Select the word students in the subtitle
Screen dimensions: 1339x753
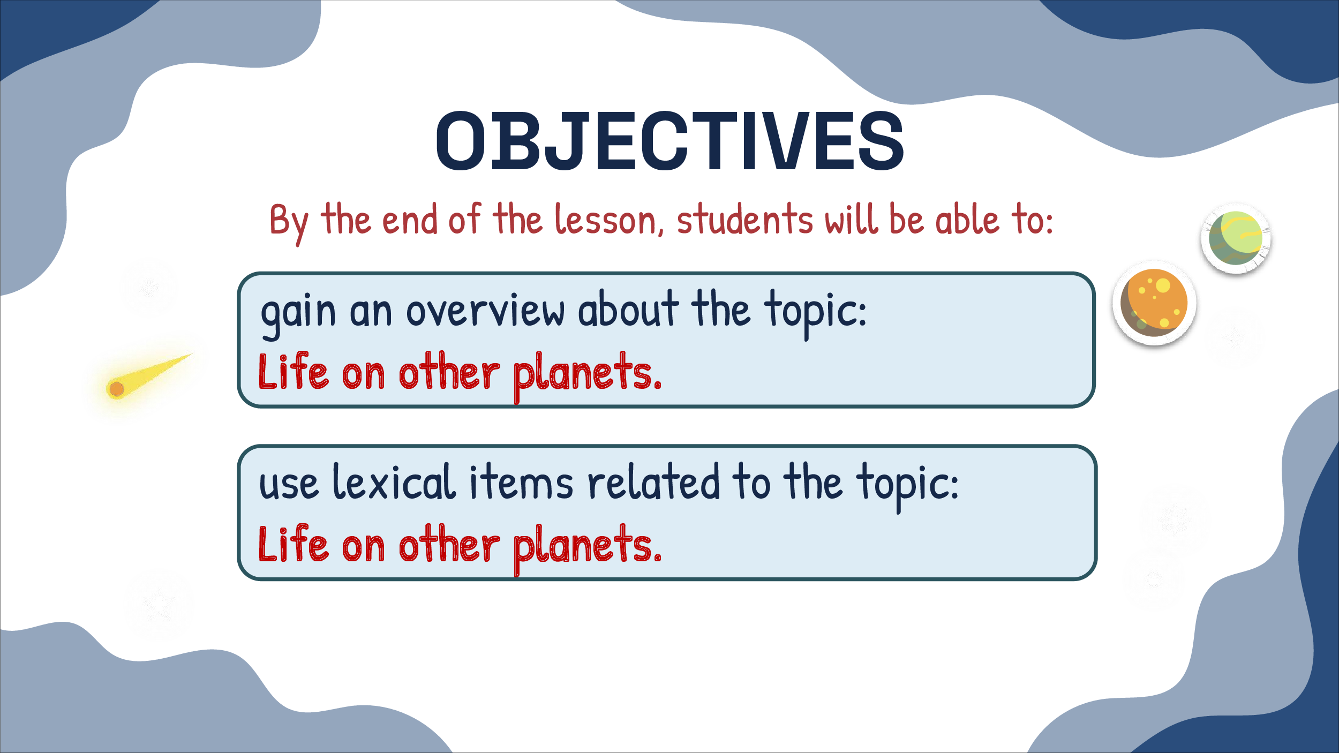click(745, 220)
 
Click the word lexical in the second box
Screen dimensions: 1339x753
click(394, 482)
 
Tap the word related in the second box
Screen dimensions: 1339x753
click(653, 482)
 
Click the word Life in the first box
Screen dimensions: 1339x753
click(293, 371)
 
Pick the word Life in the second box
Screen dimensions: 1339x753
click(293, 543)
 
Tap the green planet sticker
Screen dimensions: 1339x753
click(1236, 239)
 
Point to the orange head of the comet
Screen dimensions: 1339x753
click(116, 389)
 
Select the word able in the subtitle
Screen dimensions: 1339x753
click(967, 220)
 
